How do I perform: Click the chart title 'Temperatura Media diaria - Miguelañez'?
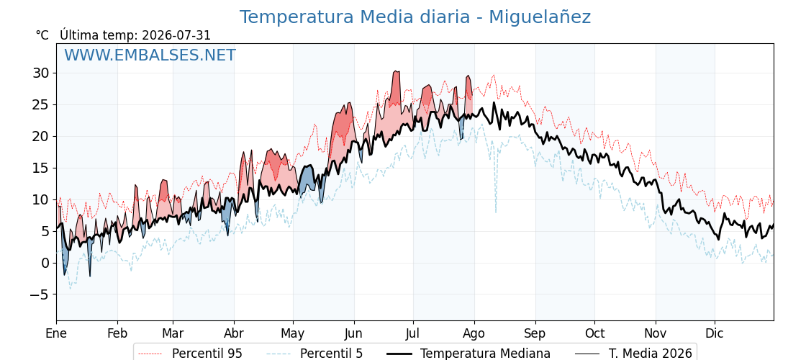[415, 17]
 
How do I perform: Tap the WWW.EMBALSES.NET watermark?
[150, 55]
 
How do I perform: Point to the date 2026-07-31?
[176, 35]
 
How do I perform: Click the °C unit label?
[42, 35]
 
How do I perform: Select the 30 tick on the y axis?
[41, 73]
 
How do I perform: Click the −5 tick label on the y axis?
[38, 294]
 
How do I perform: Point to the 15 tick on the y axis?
[41, 168]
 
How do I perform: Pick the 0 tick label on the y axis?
[46, 263]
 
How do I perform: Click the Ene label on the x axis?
[57, 333]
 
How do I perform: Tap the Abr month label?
[234, 333]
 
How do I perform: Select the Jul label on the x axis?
[413, 333]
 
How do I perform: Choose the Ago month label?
[474, 333]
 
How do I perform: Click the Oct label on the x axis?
[594, 333]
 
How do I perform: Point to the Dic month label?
[715, 333]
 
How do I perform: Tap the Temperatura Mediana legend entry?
[467, 354]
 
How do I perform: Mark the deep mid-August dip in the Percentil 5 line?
[496, 212]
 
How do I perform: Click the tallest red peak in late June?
[396, 71]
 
